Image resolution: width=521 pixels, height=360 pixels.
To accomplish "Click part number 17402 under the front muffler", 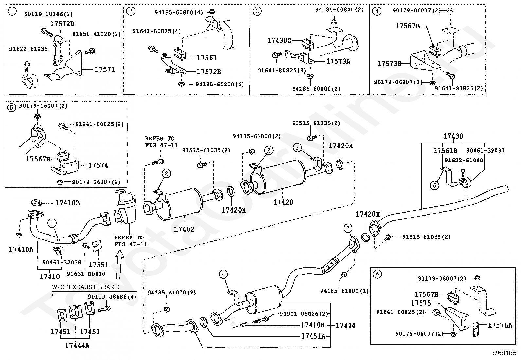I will pyautogui.click(x=184, y=229).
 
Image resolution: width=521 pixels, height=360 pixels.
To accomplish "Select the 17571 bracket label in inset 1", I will pyautogui.click(x=105, y=69).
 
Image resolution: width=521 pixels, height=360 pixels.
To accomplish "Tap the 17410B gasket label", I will pyautogui.click(x=67, y=203).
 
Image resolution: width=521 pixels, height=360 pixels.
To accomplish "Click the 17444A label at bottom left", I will pyautogui.click(x=77, y=345).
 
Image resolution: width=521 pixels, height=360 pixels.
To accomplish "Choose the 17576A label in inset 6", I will pyautogui.click(x=500, y=325).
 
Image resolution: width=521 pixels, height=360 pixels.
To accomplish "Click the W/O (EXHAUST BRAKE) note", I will pyautogui.click(x=86, y=287).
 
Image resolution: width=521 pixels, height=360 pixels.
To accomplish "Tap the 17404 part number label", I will pyautogui.click(x=346, y=325).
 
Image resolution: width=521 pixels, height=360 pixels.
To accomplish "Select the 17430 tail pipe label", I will pyautogui.click(x=453, y=136).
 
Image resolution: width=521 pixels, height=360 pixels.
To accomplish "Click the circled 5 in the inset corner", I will pyautogui.click(x=11, y=107).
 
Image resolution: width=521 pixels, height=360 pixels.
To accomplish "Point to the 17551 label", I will pyautogui.click(x=99, y=265).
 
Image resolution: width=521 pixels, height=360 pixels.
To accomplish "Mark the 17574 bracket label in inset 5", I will pyautogui.click(x=98, y=165).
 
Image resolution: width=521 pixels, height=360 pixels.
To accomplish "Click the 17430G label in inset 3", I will pyautogui.click(x=279, y=40).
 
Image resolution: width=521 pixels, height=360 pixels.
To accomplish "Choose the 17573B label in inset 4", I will pyautogui.click(x=389, y=64).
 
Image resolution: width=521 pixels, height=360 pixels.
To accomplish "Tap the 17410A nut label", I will pyautogui.click(x=21, y=249).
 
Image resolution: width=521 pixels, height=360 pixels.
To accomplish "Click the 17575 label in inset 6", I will pyautogui.click(x=421, y=303).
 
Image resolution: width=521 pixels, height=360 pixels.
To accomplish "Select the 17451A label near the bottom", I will pyautogui.click(x=313, y=336).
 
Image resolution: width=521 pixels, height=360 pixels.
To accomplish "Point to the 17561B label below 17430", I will pyautogui.click(x=445, y=151).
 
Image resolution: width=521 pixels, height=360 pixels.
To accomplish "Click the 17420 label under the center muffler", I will pyautogui.click(x=283, y=202).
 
